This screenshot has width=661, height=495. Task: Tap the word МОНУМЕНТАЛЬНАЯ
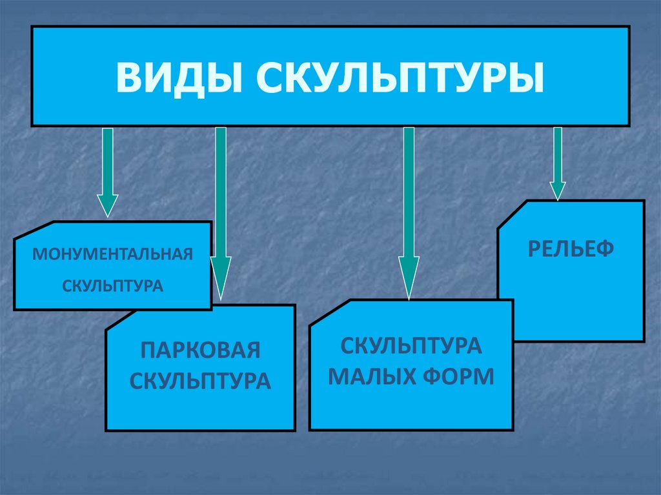[113, 253]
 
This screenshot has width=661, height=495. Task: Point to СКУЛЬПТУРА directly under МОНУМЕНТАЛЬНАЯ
[113, 285]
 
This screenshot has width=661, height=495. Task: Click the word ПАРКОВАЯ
[200, 351]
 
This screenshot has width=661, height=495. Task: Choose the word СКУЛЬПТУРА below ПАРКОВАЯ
[200, 380]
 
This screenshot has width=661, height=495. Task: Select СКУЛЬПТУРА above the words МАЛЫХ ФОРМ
[411, 346]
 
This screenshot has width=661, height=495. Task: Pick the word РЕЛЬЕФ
[571, 248]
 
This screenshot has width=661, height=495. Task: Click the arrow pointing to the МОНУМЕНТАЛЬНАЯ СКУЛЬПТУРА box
[107, 168]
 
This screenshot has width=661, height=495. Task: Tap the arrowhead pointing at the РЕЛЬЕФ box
[558, 190]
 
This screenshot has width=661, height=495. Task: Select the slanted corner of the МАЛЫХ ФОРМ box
[329, 313]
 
